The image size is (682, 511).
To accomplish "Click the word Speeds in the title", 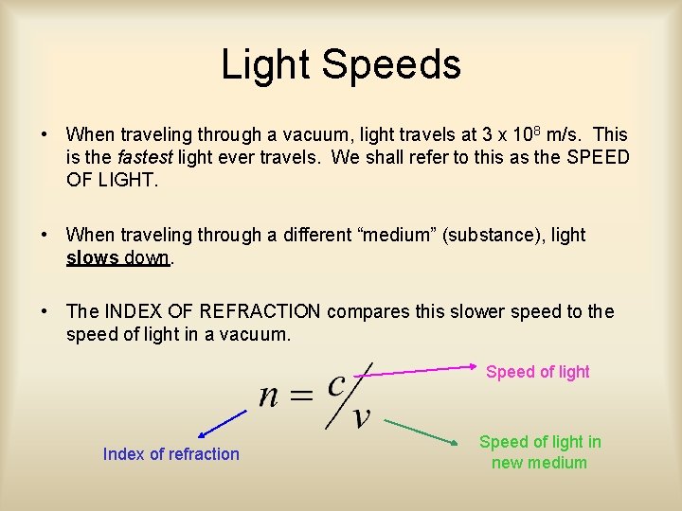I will pos(391,64).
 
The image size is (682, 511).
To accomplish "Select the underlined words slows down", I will pos(117,257).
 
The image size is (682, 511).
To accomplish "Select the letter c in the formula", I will pos(336,384).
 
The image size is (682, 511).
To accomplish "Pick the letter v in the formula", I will pos(360,416).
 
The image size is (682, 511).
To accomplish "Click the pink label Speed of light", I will pos(537,372).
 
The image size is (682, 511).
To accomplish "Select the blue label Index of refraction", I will pos(171,454).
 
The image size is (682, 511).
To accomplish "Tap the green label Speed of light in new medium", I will pos(540,452).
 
